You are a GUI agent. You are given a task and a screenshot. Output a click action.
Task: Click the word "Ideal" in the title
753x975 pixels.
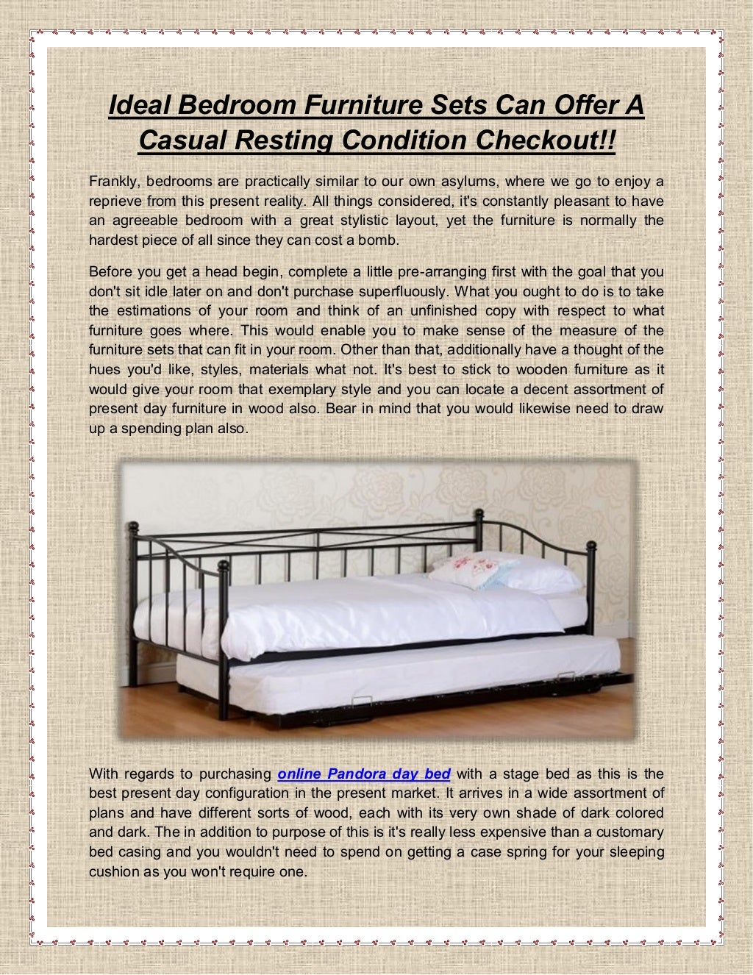(137, 105)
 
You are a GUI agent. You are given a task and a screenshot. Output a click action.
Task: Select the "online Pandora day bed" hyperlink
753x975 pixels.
(365, 774)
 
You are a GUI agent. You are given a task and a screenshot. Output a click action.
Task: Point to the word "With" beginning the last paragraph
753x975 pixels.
(104, 774)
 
